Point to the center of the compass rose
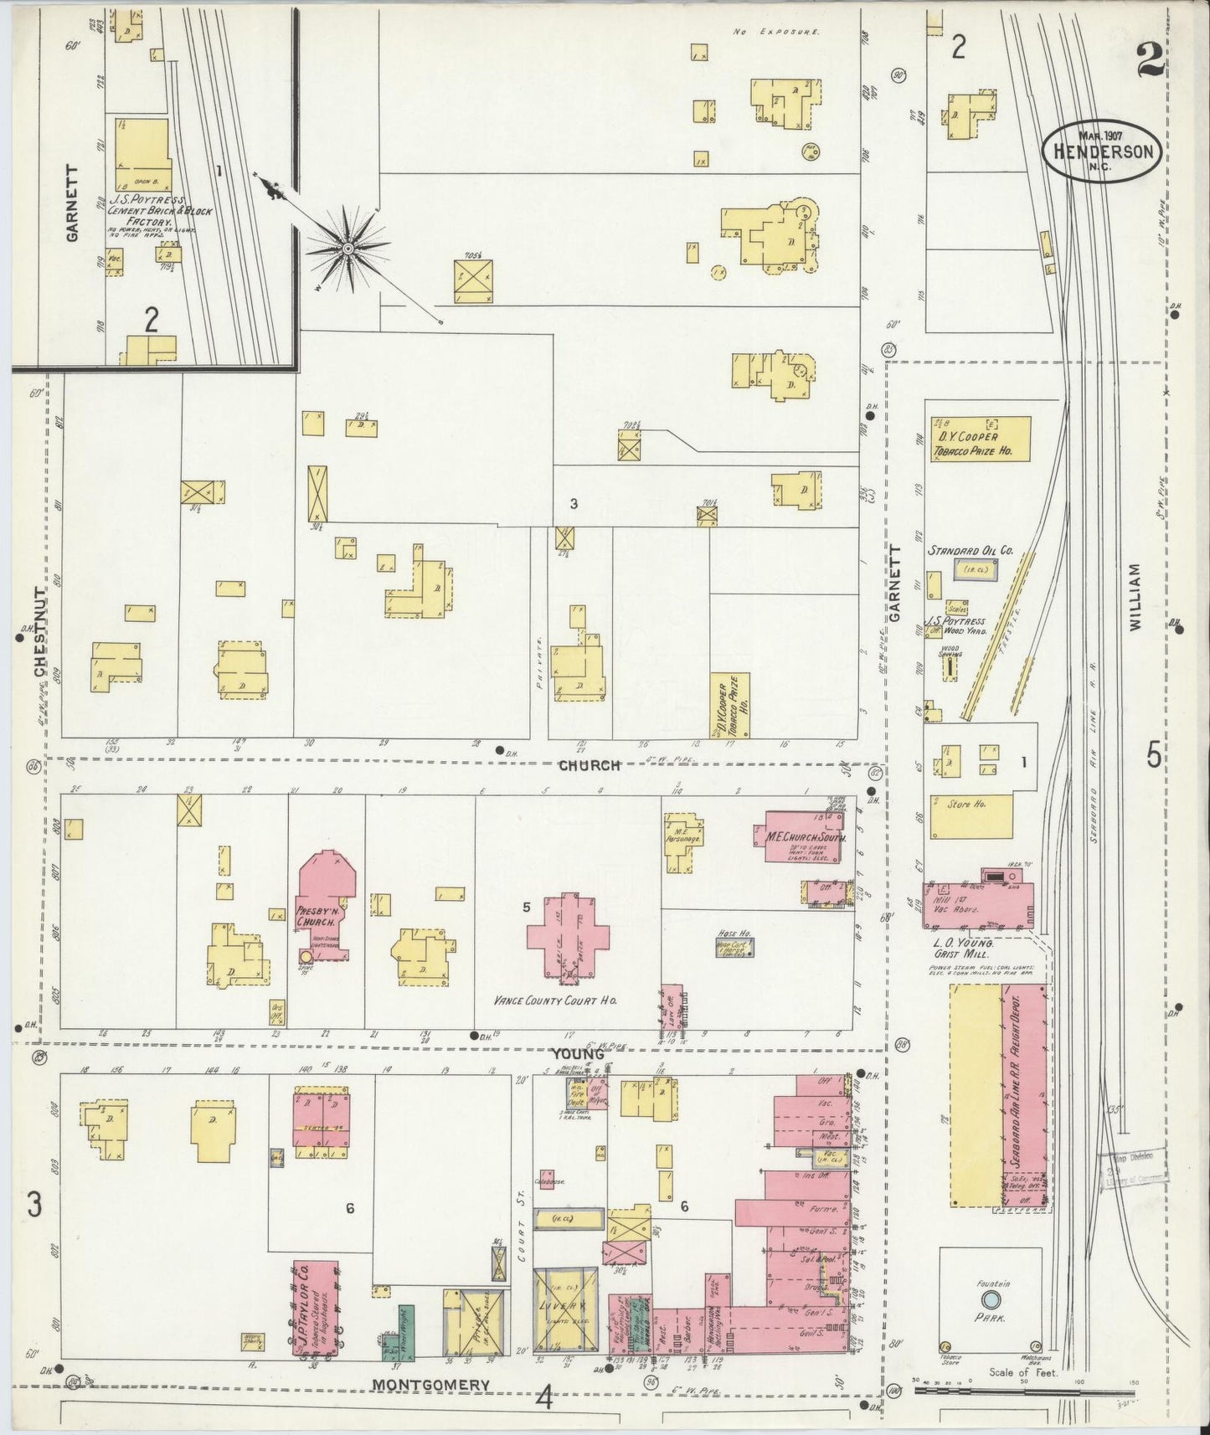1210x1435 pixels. coord(348,248)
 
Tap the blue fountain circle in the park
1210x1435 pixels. coord(991,1322)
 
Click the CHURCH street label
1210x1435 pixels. coord(590,764)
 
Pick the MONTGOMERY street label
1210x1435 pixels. coord(430,1384)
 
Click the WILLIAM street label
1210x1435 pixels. coord(1135,595)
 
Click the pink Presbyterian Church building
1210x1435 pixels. coord(325,907)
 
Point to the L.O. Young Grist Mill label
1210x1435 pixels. coord(959,948)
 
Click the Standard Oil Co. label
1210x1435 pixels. coord(970,551)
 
